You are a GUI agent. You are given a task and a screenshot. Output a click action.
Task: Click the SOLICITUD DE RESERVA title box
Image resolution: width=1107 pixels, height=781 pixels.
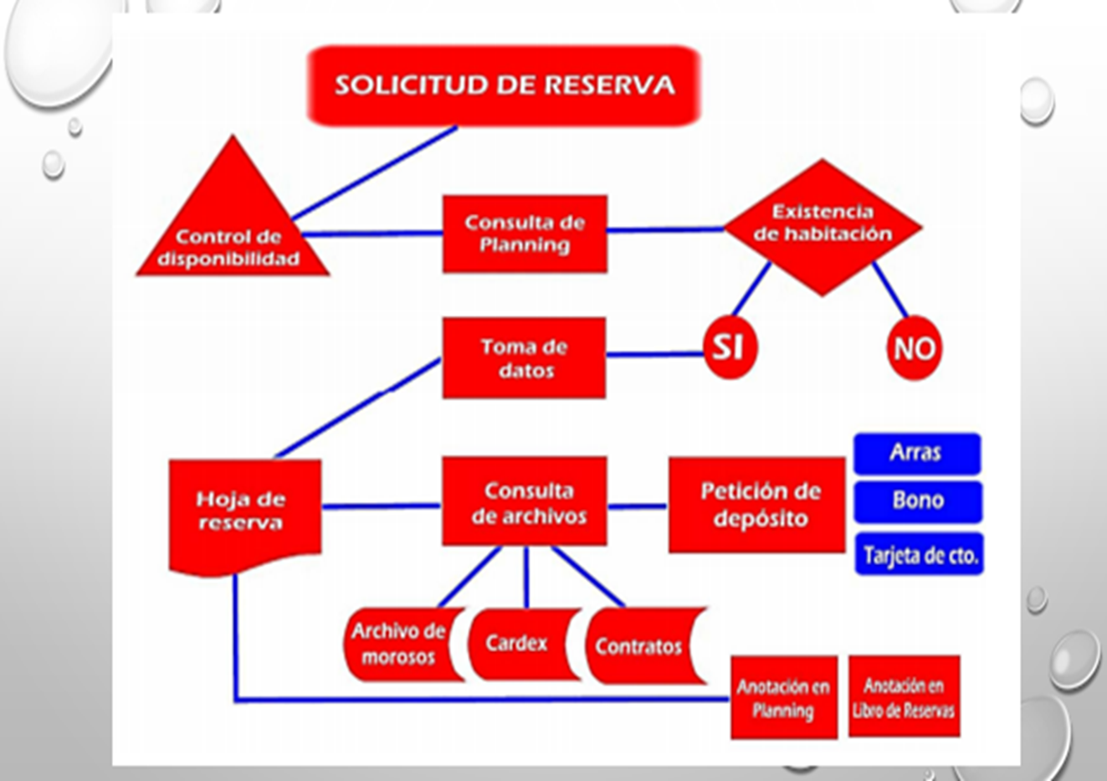504,85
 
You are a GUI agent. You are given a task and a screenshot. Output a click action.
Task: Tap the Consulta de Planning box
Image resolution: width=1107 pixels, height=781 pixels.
525,234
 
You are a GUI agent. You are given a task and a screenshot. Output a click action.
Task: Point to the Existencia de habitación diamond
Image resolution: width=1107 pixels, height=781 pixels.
822,226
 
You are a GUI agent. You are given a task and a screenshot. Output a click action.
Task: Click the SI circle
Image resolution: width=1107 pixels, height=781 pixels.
729,347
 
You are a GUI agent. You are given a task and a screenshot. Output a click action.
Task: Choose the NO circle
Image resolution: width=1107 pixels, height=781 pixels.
914,347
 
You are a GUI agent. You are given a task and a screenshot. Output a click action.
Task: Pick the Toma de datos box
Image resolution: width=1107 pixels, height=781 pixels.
525,357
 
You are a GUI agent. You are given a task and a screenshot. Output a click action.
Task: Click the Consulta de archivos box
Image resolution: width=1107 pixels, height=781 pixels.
525,502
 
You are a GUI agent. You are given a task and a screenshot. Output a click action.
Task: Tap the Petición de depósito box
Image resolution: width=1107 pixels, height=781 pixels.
757,505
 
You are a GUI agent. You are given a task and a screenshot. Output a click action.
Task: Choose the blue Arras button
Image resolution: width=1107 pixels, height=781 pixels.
917,454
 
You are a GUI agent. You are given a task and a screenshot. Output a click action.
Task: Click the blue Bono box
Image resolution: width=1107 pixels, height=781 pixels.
918,501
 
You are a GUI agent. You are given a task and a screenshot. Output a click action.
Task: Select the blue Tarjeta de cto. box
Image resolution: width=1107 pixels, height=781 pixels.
919,555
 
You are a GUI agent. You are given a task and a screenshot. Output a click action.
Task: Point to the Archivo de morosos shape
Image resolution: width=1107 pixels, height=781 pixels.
400,644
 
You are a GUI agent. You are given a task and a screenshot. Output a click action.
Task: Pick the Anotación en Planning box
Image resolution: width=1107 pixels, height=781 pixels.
783,697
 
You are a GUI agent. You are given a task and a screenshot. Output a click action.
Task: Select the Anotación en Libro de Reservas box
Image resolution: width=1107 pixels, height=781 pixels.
904,696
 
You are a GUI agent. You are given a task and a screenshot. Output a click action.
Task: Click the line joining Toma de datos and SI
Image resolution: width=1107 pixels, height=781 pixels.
654,355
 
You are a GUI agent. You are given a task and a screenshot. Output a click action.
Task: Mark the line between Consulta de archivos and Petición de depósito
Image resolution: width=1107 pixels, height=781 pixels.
637,506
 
